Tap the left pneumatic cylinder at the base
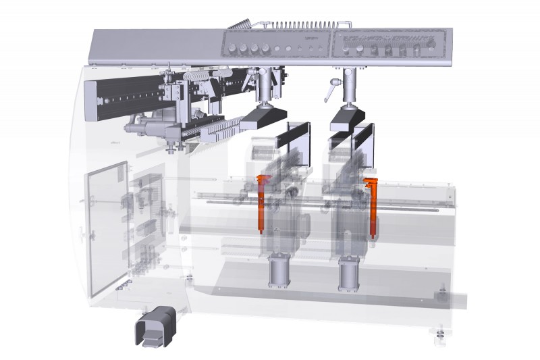(x=278, y=272)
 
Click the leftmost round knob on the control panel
(x=233, y=48)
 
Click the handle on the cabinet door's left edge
(x=85, y=234)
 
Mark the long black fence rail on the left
(x=125, y=98)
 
